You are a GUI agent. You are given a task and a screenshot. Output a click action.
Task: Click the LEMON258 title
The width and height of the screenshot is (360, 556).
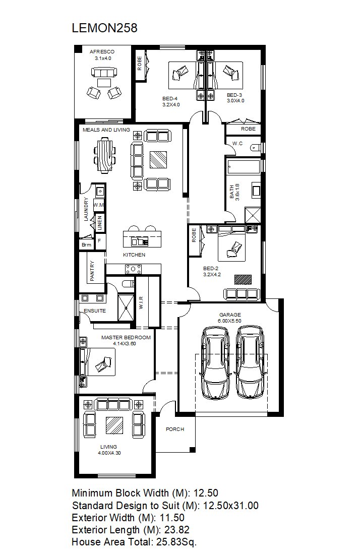104,28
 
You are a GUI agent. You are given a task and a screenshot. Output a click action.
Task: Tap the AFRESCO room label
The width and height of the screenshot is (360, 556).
102,52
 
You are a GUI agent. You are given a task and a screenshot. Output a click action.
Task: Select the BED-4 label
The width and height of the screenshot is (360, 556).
170,99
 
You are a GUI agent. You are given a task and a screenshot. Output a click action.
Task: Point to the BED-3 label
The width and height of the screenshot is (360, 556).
234,95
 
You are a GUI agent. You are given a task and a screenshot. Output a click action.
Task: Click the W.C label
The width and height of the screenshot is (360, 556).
237,143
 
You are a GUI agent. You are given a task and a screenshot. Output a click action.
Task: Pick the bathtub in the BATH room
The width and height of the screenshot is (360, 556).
244,167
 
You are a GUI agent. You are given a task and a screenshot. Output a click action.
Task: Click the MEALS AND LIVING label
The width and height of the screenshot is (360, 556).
106,130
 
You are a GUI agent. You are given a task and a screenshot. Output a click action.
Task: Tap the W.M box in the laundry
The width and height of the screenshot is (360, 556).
99,205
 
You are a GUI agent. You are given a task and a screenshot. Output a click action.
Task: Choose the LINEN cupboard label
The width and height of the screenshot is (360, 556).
100,223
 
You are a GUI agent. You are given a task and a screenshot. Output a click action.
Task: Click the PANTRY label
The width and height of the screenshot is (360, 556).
92,271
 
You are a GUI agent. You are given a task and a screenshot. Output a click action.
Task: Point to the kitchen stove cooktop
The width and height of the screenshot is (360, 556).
133,269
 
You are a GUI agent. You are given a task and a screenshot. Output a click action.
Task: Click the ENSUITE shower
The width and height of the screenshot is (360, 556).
126,307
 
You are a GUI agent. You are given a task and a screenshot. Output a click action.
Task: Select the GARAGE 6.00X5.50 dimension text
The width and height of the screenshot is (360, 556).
230,321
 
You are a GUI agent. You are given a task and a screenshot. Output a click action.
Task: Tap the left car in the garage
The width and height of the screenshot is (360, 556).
215,363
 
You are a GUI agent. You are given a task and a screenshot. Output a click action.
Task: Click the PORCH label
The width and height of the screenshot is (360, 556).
175,429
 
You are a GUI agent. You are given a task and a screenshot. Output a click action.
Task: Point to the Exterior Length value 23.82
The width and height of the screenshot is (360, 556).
177,530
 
